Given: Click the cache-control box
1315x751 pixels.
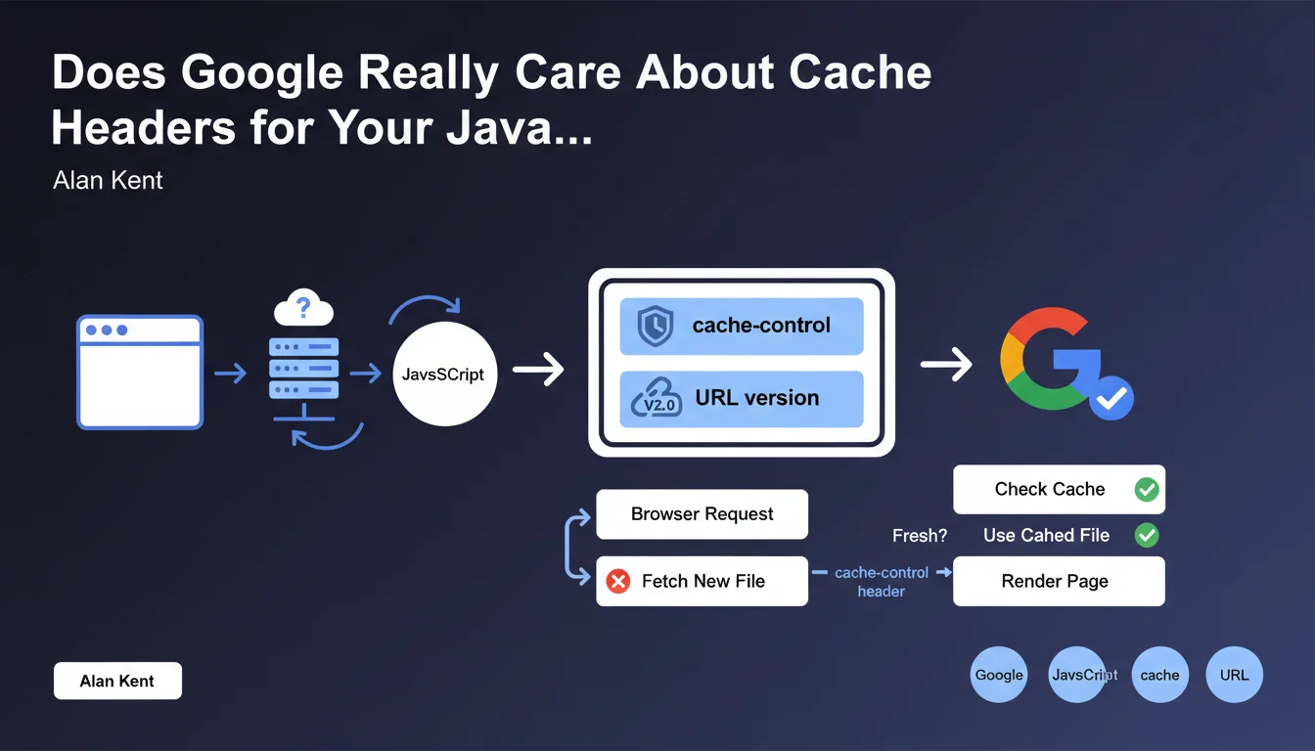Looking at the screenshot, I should [x=741, y=326].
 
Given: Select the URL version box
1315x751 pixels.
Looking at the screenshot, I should [x=741, y=399].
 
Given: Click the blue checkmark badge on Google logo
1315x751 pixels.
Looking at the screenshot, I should [x=1111, y=398].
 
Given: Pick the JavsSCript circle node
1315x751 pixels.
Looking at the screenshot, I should [x=444, y=375].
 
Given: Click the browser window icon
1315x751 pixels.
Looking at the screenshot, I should [x=140, y=372].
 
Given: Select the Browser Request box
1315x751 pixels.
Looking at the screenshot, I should [x=702, y=514].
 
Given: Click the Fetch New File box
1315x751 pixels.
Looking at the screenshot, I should [x=702, y=582].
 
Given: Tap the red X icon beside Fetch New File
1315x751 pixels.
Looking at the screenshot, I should [x=618, y=582].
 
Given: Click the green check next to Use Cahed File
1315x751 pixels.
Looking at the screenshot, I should [x=1147, y=535].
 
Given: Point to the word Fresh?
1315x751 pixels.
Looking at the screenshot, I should [x=920, y=536].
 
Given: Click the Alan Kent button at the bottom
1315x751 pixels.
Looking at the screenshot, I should [x=117, y=682].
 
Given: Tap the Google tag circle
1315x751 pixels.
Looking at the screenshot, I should [x=999, y=675].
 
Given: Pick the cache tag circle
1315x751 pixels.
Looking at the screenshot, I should [x=1159, y=675].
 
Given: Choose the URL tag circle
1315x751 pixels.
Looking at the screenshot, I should [x=1235, y=675].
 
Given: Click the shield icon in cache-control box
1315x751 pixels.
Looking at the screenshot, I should [x=655, y=327].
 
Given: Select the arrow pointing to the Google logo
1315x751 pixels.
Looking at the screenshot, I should [x=946, y=366].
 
